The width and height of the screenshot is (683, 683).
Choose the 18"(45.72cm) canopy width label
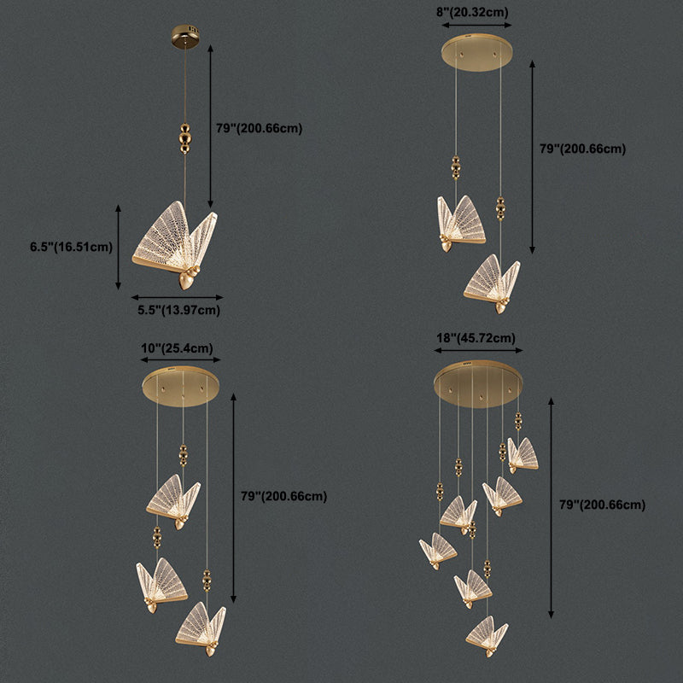point(477,338)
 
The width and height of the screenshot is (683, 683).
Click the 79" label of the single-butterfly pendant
point(259,128)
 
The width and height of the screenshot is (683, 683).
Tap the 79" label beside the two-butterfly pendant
point(582,149)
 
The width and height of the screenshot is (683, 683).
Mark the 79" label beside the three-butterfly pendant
point(283,496)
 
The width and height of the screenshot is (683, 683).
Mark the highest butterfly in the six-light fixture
point(522,454)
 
